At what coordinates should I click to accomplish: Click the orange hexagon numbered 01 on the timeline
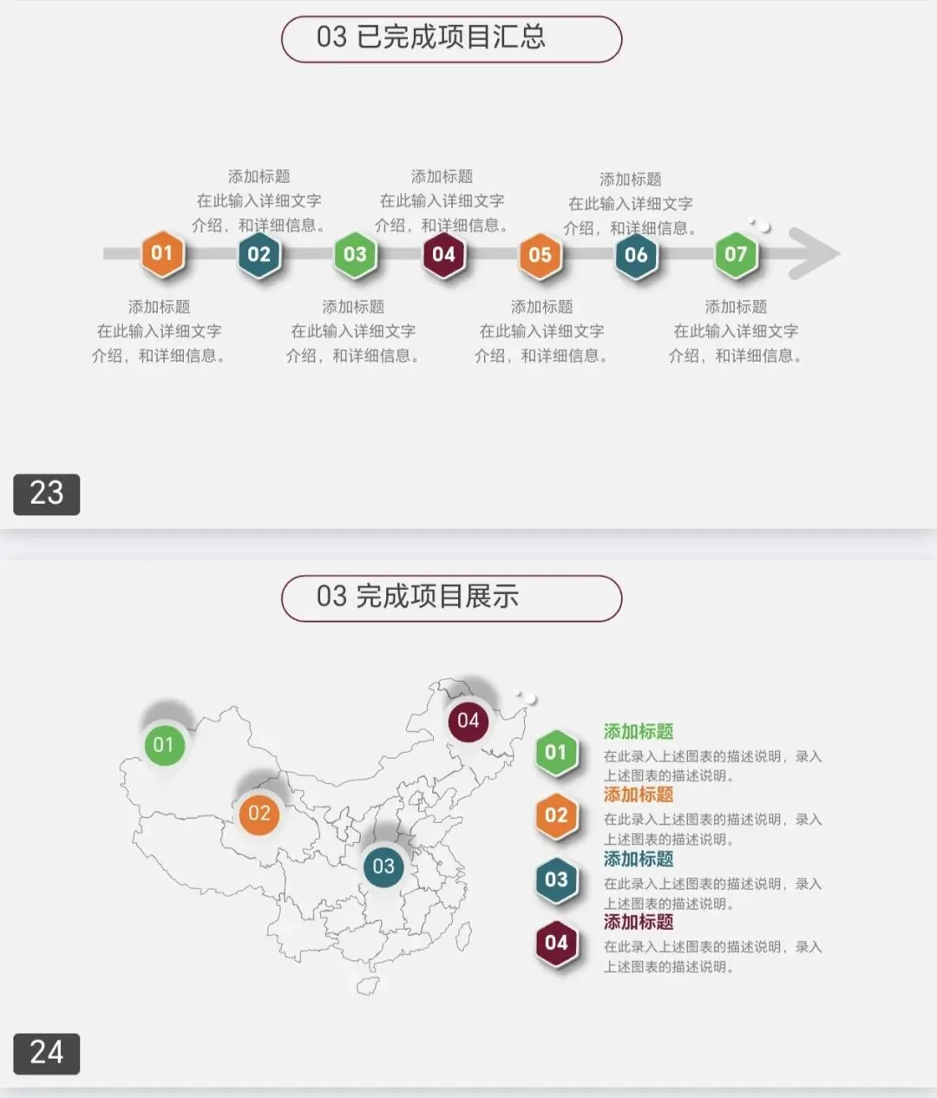[x=162, y=253]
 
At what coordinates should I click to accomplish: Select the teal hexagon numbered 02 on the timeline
[x=259, y=254]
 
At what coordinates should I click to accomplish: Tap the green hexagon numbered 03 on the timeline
[x=356, y=254]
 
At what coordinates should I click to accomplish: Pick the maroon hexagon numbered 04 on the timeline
[x=443, y=254]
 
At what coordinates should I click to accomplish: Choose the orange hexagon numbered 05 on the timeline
[x=540, y=255]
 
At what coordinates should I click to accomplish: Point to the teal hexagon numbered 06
[x=636, y=255]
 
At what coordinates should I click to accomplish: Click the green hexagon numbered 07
[x=736, y=254]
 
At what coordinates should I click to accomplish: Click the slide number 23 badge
[x=47, y=493]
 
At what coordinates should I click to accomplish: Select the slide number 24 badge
[x=47, y=1053]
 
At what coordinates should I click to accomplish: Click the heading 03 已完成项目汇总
[x=431, y=37]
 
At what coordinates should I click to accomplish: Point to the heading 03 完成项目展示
[x=417, y=597]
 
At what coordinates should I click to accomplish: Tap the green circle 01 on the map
[x=164, y=745]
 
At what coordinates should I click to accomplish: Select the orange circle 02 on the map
[x=259, y=814]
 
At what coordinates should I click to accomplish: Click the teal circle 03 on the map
[x=383, y=866]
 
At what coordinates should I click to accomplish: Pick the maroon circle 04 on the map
[x=468, y=721]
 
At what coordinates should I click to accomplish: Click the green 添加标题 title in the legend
[x=639, y=732]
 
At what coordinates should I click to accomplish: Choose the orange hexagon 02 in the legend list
[x=556, y=816]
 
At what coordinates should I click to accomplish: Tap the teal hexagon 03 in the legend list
[x=556, y=879]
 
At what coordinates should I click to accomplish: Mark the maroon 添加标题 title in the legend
[x=639, y=922]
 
